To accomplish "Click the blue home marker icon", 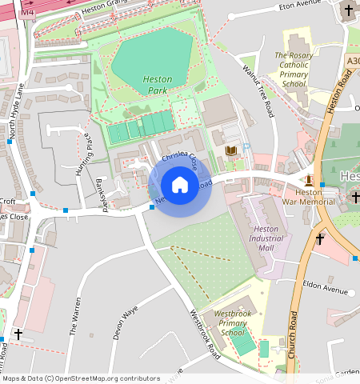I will (x=180, y=186).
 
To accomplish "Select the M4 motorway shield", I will (x=28, y=13).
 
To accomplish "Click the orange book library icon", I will (x=231, y=150).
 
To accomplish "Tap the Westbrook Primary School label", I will (x=233, y=323).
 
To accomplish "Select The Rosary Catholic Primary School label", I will (x=294, y=70).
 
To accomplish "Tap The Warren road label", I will (x=77, y=316).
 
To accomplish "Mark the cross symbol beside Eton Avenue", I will (x=348, y=11).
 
